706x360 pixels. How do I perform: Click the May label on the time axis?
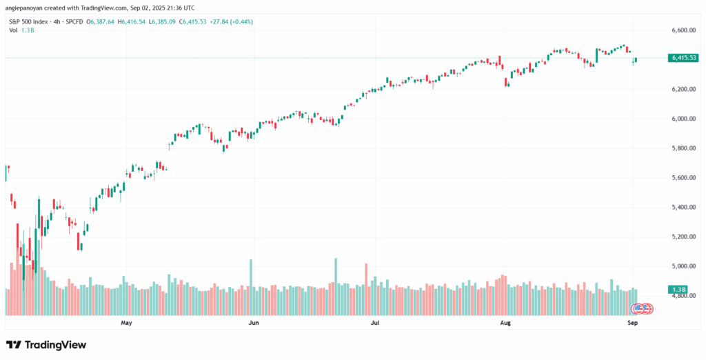126,322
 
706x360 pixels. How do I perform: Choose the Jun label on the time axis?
253,322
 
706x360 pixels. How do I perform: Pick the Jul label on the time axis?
375,322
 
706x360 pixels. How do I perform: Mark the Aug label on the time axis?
505,322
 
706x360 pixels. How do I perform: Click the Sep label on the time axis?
632,322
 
